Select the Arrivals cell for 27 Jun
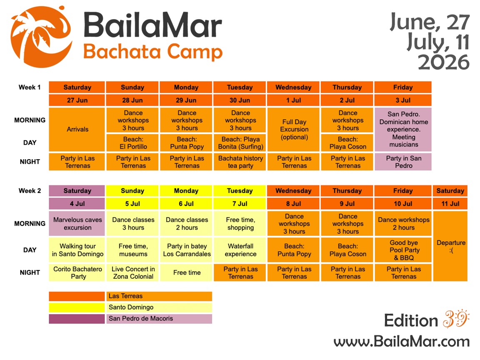[x=77, y=129]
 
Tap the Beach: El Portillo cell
[x=132, y=143]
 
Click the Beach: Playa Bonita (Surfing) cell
[x=240, y=143]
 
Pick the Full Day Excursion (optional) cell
[x=294, y=129]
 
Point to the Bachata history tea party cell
[x=240, y=162]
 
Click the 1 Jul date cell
[x=294, y=100]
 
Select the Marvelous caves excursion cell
[x=77, y=223]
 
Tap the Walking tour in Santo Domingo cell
[x=77, y=250]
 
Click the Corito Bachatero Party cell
[x=77, y=272]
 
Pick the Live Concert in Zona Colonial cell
[x=133, y=272]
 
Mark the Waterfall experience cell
[x=240, y=250]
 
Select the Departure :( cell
[x=450, y=246]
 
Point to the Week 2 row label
[x=30, y=191]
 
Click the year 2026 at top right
[x=443, y=62]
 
